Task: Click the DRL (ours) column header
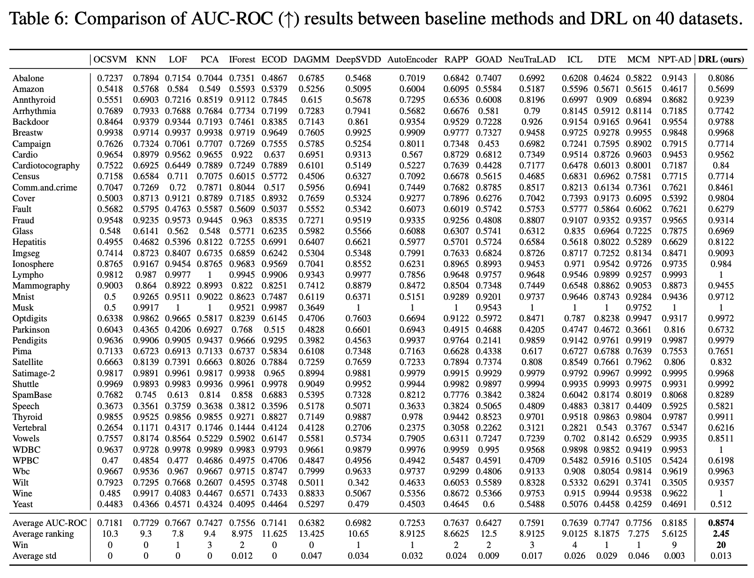point(721,59)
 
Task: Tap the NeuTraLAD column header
point(532,59)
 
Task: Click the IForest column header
point(242,59)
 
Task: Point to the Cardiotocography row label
point(46,166)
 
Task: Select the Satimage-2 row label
point(34,373)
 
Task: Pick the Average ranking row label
point(43,534)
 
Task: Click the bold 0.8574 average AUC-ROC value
point(721,523)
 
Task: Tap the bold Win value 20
point(721,545)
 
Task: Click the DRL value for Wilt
point(721,482)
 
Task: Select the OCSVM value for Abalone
point(110,78)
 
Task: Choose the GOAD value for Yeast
point(489,504)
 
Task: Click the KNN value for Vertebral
point(146,428)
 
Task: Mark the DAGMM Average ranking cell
point(311,534)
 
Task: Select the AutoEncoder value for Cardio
point(412,155)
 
